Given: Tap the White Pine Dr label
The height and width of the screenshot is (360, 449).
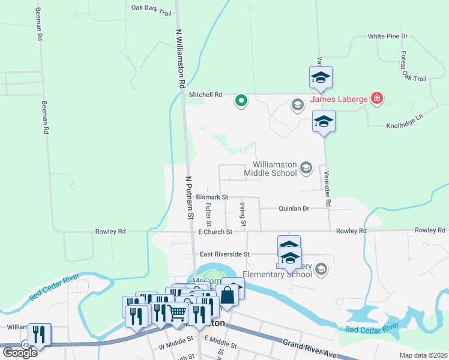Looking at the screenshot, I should [388, 37].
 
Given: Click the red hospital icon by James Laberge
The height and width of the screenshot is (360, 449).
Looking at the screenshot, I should [376, 98].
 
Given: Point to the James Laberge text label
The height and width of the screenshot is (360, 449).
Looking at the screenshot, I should [338, 99].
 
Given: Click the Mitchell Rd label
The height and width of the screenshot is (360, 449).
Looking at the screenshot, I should [205, 95].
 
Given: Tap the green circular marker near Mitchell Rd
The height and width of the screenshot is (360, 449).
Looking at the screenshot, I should [241, 101].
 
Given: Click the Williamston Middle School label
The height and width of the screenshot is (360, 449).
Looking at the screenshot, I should [275, 169].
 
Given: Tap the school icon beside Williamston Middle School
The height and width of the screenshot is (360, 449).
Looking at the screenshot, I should [306, 167].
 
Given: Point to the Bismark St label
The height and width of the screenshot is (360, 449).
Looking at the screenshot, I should [212, 197].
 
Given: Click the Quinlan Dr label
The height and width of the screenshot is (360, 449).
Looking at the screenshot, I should [294, 209].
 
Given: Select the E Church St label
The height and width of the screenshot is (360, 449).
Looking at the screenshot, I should [214, 232].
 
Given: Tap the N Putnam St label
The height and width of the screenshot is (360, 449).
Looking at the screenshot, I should [190, 198].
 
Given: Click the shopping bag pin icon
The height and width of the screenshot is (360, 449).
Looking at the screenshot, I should [228, 295].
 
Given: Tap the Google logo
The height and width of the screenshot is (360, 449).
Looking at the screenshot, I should [19, 352].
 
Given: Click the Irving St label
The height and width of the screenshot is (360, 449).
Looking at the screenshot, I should [243, 214].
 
